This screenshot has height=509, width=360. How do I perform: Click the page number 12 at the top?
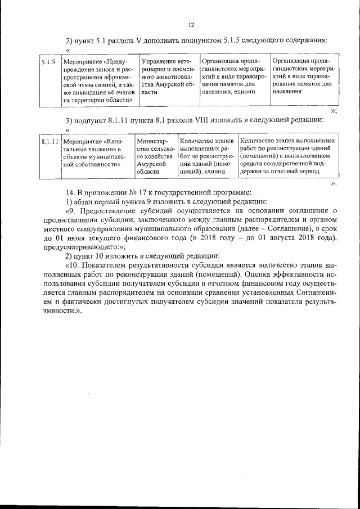[191, 25]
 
